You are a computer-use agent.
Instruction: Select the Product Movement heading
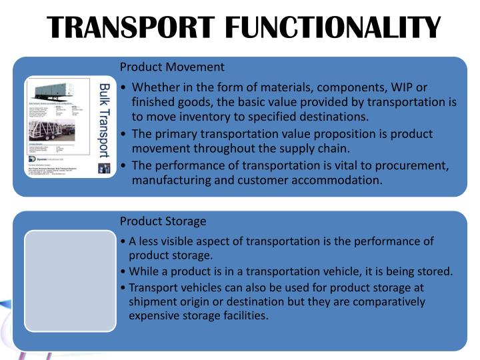coord(172,67)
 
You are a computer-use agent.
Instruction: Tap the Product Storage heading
coord(163,221)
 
